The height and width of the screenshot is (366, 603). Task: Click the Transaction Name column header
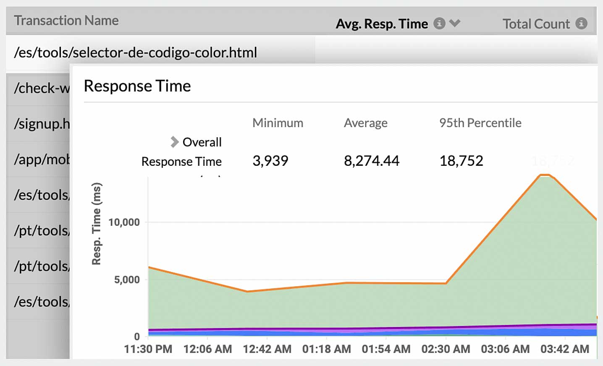(66, 21)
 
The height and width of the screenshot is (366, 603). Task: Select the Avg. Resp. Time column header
(381, 24)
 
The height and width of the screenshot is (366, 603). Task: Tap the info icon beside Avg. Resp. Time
(439, 24)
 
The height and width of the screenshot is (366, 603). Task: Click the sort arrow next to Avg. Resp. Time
(455, 23)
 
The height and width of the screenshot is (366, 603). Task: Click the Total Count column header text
(536, 24)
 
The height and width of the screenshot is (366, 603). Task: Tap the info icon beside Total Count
(581, 24)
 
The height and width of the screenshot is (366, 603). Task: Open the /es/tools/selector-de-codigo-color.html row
(135, 52)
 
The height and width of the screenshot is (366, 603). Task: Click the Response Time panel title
(137, 86)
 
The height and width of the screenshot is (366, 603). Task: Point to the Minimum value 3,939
(270, 161)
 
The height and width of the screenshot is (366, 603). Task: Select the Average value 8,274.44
(372, 161)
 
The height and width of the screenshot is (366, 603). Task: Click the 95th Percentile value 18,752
(461, 161)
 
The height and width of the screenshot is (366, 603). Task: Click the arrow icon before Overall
(174, 142)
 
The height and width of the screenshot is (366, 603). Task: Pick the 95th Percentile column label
(480, 123)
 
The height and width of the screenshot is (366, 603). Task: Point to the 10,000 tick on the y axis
(124, 222)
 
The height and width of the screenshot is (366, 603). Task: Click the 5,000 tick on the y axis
(127, 280)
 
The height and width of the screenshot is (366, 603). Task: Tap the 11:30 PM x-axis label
(148, 349)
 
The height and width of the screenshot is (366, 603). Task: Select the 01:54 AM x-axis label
(386, 349)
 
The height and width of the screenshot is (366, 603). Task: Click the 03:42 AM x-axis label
(564, 349)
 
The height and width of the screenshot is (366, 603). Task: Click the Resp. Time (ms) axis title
(97, 224)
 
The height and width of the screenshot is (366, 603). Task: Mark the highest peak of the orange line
(545, 175)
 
